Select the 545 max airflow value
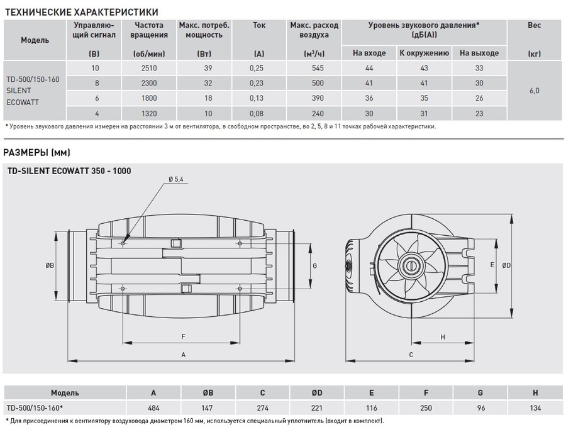(314, 68)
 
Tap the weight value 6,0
(534, 91)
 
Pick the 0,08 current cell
(258, 113)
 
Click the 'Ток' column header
(258, 26)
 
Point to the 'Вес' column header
(534, 26)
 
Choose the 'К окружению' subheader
(419, 53)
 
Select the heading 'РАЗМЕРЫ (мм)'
(37, 152)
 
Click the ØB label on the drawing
(50, 265)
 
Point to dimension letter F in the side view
(183, 336)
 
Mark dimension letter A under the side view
(183, 355)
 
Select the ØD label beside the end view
(507, 265)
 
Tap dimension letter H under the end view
(443, 337)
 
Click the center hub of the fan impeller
(412, 265)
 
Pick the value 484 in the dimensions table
(154, 407)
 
